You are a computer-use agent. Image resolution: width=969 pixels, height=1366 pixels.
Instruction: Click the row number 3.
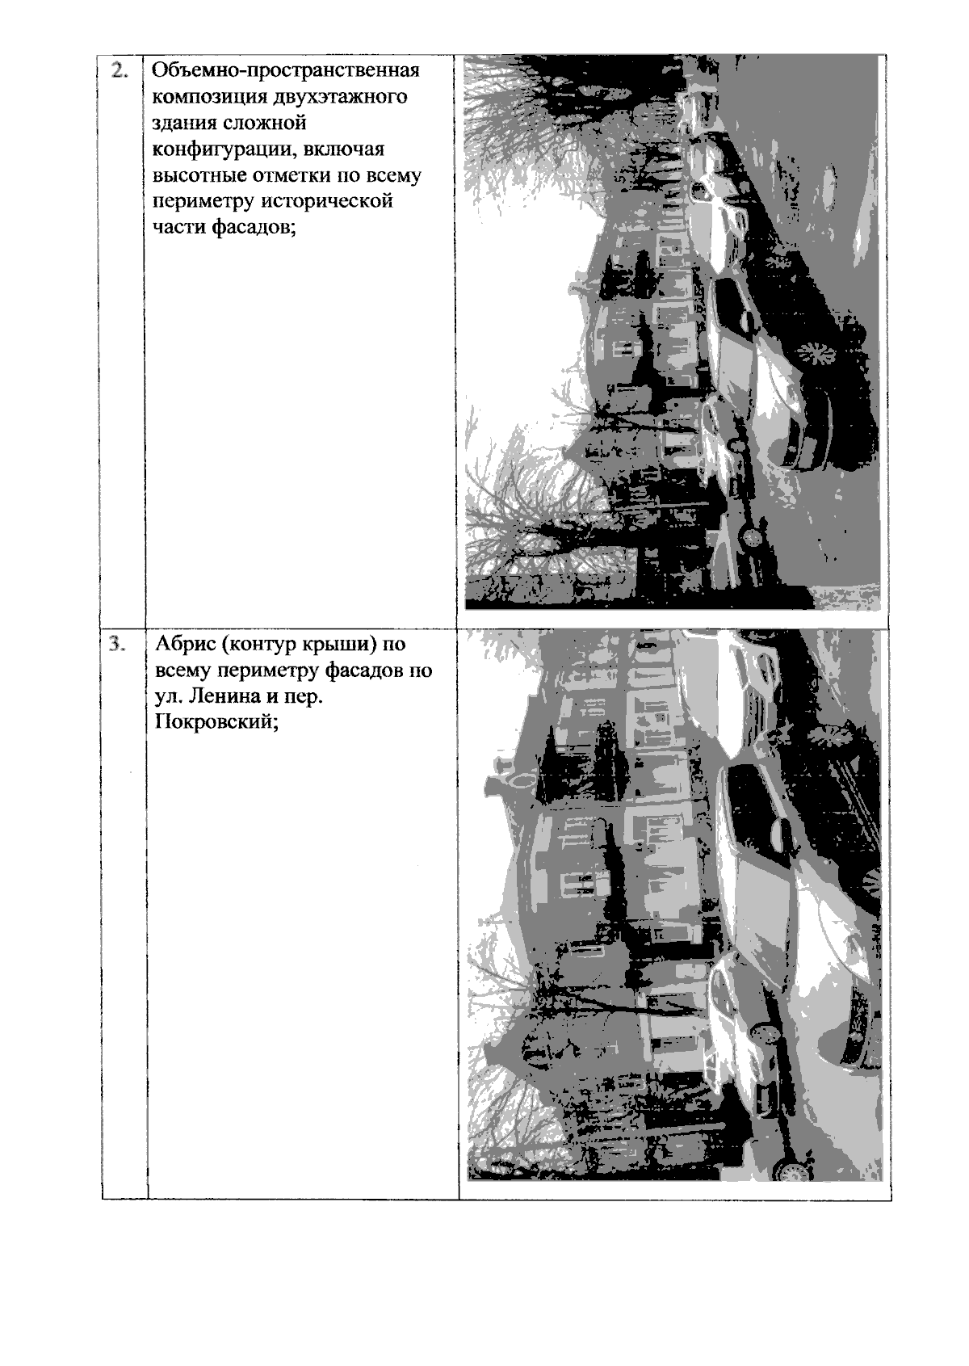click(x=118, y=645)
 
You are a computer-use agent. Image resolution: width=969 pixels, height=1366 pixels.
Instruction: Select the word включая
click(x=344, y=149)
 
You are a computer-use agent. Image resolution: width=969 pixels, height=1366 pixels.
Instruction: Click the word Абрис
click(x=185, y=644)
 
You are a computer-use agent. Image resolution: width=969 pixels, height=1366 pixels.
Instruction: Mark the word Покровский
click(x=216, y=723)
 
